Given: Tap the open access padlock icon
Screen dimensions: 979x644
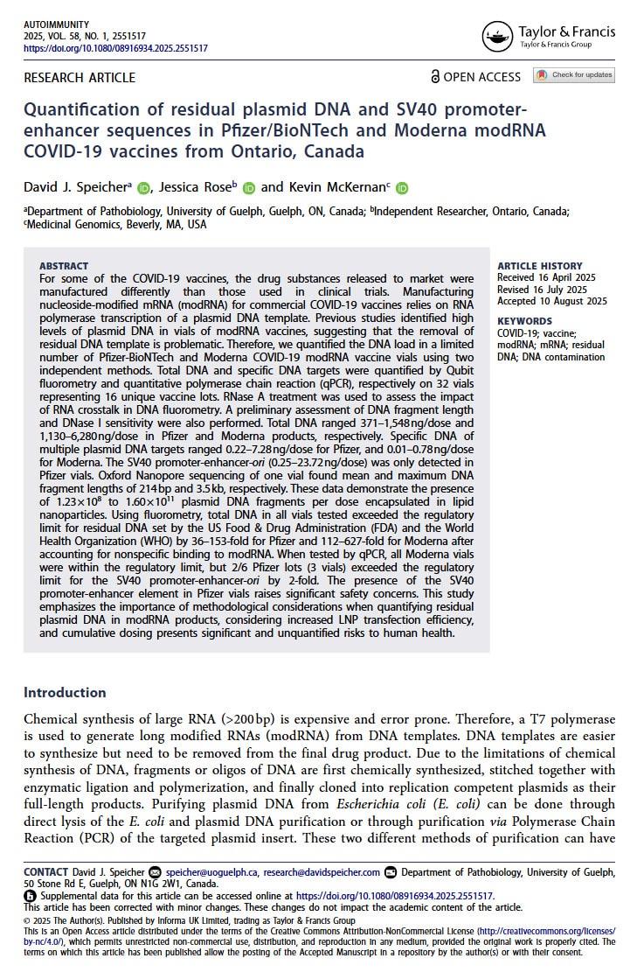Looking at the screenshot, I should (x=435, y=77).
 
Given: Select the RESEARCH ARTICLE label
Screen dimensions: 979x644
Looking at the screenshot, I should (x=80, y=78).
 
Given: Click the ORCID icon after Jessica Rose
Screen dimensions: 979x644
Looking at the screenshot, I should (x=249, y=187).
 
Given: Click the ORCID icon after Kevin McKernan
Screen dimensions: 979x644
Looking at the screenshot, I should (x=402, y=187).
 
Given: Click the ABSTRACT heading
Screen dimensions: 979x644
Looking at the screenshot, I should (x=64, y=266).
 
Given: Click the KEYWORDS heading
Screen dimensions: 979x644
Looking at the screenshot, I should (x=524, y=321).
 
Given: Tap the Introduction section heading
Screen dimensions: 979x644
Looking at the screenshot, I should (x=65, y=692).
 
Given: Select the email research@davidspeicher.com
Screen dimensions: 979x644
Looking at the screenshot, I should (x=322, y=872).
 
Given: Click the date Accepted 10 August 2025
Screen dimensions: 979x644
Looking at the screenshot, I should (x=551, y=302).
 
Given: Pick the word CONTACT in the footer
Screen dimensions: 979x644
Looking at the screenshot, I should (x=46, y=872).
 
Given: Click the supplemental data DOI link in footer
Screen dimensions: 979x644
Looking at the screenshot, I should (x=395, y=896).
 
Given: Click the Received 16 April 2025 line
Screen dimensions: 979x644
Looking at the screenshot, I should (x=548, y=278).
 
